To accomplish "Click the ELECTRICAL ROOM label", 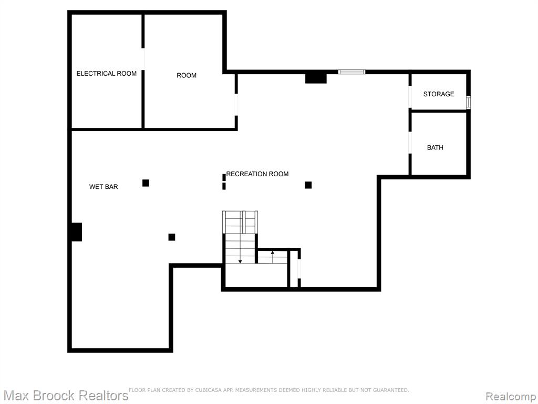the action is click(106, 74).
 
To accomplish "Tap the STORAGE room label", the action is click(439, 94).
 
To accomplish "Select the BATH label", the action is click(435, 148).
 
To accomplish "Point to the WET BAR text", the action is click(104, 187).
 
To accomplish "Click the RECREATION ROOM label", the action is click(257, 174).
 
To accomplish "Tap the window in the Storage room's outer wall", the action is click(468, 103).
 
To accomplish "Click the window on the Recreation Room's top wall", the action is click(351, 72).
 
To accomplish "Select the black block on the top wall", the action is click(316, 78).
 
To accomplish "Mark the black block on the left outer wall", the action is click(77, 232).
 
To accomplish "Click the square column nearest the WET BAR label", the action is click(146, 183).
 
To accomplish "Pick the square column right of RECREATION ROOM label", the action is click(308, 185).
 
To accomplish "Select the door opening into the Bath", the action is click(410, 143).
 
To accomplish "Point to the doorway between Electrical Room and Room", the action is click(143, 59).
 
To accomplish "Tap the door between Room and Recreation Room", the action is click(236, 105).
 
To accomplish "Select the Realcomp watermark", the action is click(511, 397).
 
